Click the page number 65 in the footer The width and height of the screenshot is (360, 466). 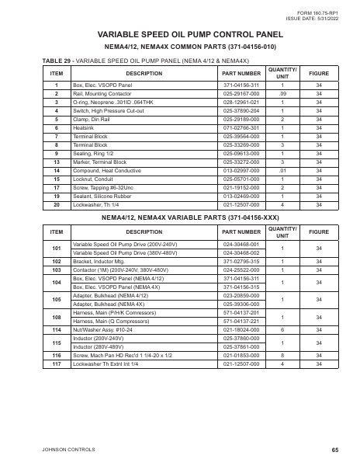coord(334,450)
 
